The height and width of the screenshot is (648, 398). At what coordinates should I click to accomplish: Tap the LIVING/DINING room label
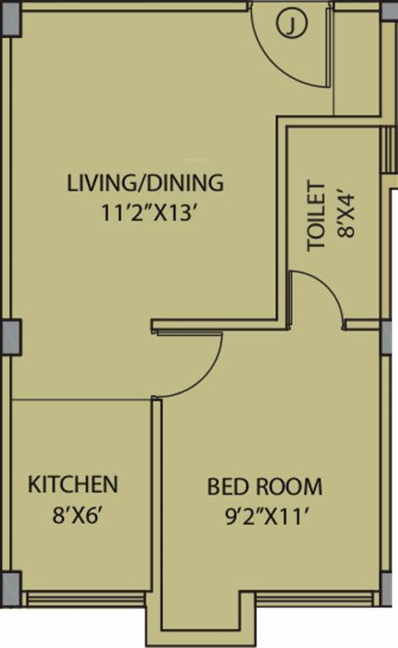coord(145,182)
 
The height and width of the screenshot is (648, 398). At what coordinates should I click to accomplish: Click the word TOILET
coord(317,216)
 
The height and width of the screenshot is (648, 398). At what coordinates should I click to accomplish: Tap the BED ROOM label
coord(264,487)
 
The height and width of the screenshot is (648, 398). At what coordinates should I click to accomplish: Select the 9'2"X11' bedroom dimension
coord(264,514)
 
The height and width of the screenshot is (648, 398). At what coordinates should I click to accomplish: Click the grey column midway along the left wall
coord(10,337)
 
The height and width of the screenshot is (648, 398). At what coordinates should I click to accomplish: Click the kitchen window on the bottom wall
coord(85,599)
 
